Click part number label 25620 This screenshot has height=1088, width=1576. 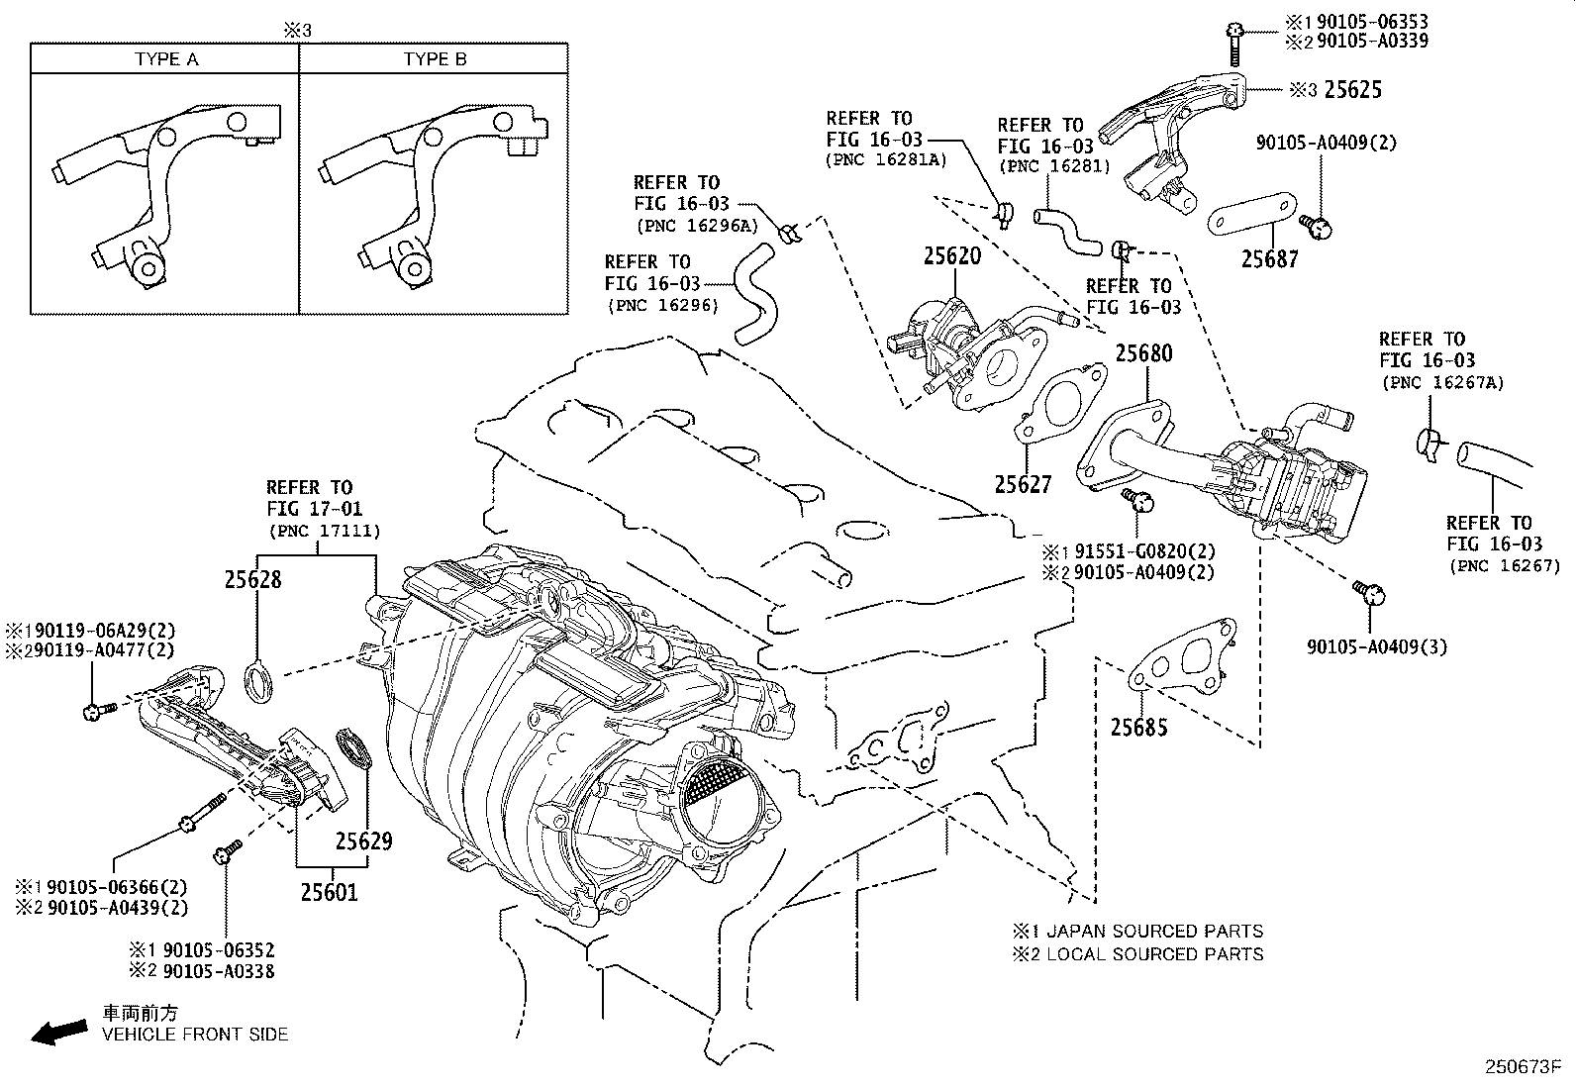click(x=951, y=256)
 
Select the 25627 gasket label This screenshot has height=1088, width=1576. click(x=1023, y=484)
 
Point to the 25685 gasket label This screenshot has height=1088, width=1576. click(x=1138, y=728)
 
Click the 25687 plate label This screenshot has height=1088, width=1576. click(x=1269, y=259)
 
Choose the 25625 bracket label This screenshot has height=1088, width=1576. click(x=1352, y=90)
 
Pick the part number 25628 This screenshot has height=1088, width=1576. click(x=252, y=580)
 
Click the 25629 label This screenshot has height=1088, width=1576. click(x=363, y=841)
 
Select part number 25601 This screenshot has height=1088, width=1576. click(x=330, y=893)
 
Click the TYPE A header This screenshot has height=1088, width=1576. click(x=166, y=59)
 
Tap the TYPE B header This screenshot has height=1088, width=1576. click(x=435, y=59)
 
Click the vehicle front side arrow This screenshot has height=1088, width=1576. click(x=58, y=1033)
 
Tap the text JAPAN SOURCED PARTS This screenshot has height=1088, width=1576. click(x=1154, y=932)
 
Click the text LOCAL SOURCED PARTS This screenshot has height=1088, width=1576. click(x=1154, y=954)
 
